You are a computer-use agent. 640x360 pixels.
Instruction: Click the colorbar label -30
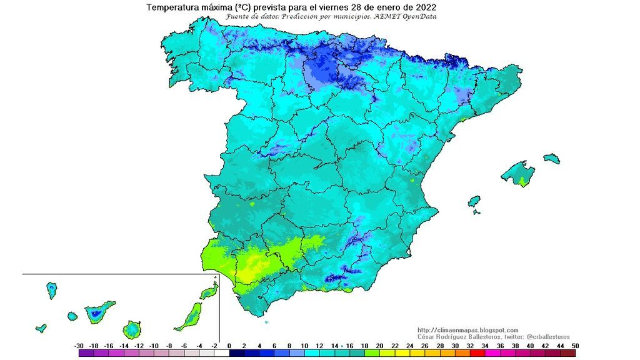click(x=79, y=346)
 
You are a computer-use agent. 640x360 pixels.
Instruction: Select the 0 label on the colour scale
click(x=229, y=346)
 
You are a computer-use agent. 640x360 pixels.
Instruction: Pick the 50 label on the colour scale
click(x=574, y=346)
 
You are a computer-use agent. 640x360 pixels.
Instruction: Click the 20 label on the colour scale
click(x=380, y=346)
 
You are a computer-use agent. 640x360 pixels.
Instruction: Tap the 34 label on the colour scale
click(x=485, y=346)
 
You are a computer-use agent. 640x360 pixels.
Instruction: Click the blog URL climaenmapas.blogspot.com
click(x=467, y=330)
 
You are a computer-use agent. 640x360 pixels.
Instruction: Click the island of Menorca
click(x=551, y=159)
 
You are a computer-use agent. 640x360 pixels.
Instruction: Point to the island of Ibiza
click(x=474, y=201)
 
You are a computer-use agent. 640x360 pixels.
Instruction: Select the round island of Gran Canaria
click(x=132, y=329)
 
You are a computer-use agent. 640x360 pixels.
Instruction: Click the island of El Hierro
click(x=41, y=327)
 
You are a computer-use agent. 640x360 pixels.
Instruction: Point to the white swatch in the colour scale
click(x=221, y=354)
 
